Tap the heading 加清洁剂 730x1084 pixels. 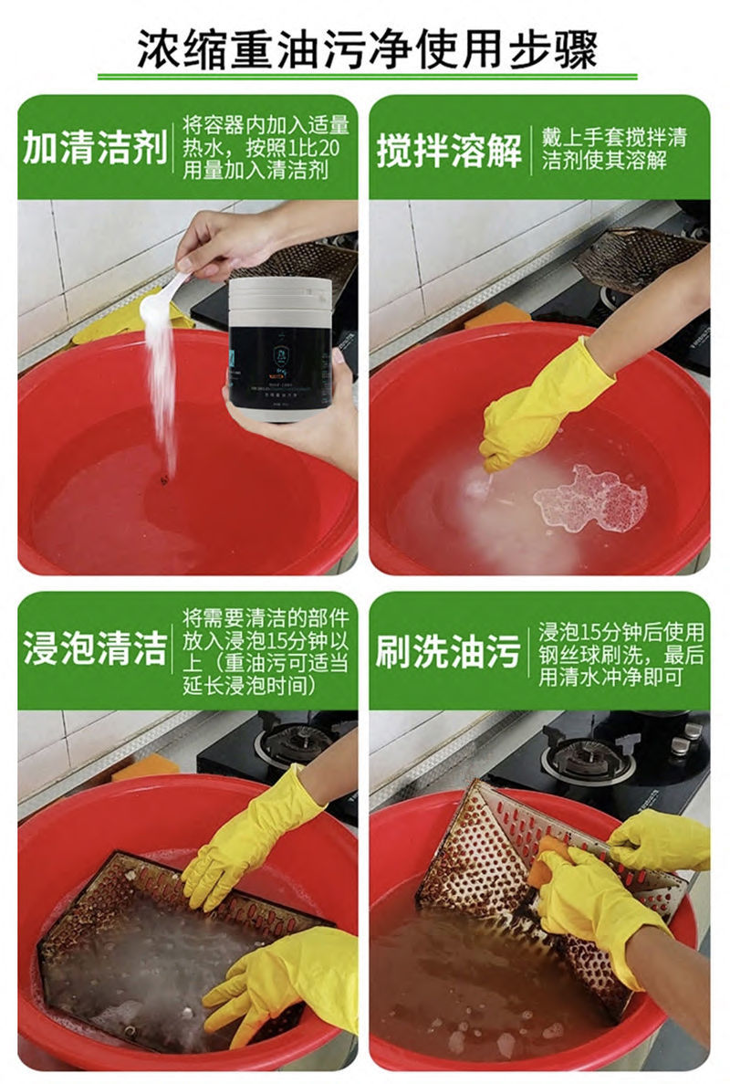coord(94,147)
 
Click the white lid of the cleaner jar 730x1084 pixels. coord(279,292)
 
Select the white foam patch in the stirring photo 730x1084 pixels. coord(591,498)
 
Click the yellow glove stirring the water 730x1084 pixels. coord(538,402)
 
